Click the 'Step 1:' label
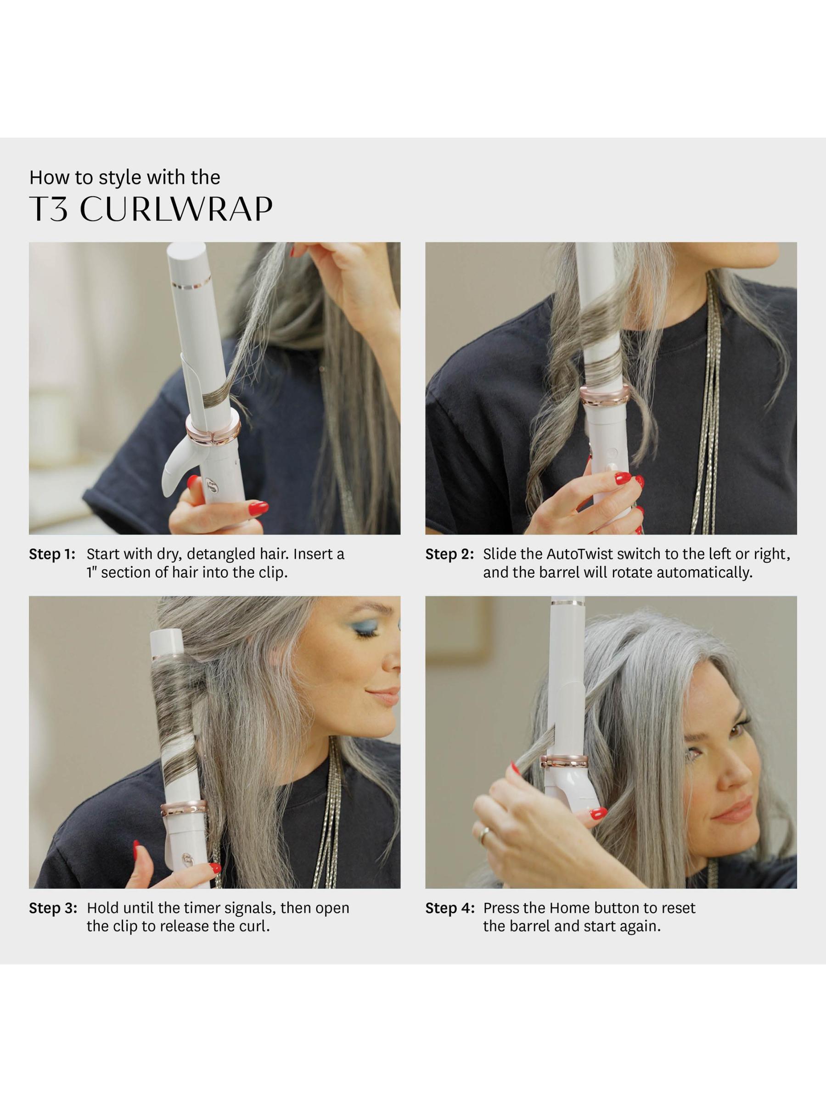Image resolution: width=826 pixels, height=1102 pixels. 52,554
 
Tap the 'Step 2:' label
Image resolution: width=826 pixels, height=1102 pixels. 450,554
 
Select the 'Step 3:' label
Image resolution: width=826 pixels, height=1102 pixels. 53,908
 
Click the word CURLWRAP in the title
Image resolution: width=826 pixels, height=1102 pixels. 176,209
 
